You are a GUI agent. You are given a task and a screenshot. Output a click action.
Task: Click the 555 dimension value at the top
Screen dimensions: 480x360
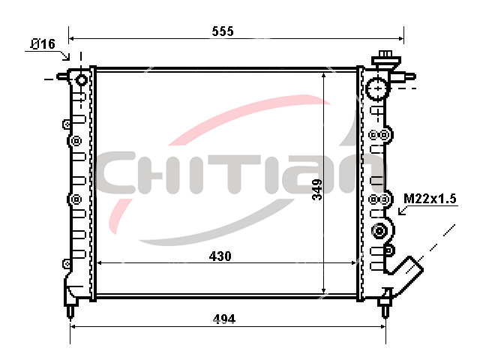point(223,31)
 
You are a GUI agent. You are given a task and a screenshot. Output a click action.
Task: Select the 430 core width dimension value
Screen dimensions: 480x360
point(220,256)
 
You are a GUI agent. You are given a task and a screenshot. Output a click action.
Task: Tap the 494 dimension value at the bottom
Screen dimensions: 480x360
point(224,319)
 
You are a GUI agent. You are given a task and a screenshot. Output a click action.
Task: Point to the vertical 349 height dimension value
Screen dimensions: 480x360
point(317,190)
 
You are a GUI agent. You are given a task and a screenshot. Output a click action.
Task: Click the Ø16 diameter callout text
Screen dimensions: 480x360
point(43,44)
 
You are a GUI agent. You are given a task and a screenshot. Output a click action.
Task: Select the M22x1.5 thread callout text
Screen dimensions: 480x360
point(430,199)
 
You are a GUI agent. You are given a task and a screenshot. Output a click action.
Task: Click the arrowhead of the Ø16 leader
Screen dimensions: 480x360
point(67,57)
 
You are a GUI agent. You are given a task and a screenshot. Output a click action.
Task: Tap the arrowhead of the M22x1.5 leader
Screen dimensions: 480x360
point(402,211)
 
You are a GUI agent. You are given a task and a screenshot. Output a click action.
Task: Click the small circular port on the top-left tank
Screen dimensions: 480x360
point(82,80)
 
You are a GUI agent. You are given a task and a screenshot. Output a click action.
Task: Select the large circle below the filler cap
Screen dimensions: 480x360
point(378,88)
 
